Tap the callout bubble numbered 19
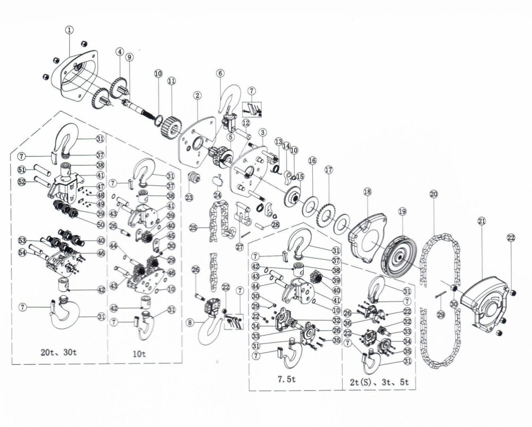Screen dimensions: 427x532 point(402,211)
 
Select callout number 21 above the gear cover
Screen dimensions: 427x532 point(481,221)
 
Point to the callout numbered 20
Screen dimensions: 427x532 point(434,194)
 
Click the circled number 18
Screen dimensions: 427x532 point(367,192)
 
